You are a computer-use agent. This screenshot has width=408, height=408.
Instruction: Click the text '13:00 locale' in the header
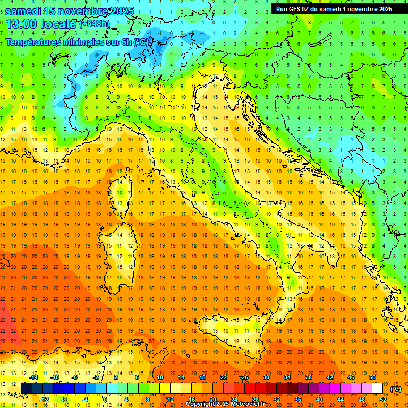click(41, 23)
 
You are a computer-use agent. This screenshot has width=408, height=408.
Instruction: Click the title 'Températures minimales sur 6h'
click(69, 42)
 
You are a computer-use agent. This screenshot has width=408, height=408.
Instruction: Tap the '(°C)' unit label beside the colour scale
click(396, 389)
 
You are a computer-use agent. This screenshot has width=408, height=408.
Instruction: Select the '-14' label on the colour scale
click(34, 377)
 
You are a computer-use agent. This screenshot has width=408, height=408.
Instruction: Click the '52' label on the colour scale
click(383, 399)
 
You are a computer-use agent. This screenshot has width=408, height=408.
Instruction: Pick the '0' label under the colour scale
click(105, 399)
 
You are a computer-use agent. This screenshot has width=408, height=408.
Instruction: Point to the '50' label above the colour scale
click(372, 377)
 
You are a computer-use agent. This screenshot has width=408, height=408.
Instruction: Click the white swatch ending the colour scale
click(377, 388)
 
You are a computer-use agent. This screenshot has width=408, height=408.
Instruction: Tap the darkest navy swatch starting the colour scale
click(27, 388)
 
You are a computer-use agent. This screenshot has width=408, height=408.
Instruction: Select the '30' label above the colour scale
click(266, 377)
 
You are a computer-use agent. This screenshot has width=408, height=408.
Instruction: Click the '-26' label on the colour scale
click(244, 377)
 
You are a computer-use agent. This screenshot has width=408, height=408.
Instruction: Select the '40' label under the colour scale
click(319, 399)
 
